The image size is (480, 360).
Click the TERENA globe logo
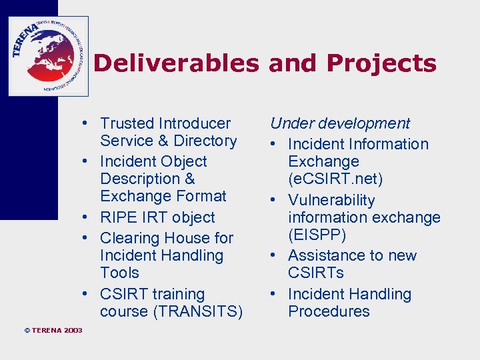(x=48, y=56)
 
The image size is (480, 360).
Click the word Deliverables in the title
(x=175, y=64)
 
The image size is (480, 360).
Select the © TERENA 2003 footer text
(x=53, y=331)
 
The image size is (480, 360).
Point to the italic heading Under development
(x=340, y=123)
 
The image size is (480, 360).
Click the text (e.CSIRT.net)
(x=335, y=179)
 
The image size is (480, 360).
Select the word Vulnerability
(x=331, y=200)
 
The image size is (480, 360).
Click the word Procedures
(x=329, y=311)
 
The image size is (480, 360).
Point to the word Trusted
(x=127, y=123)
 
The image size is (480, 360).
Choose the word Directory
(x=205, y=141)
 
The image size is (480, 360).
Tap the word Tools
(x=119, y=273)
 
